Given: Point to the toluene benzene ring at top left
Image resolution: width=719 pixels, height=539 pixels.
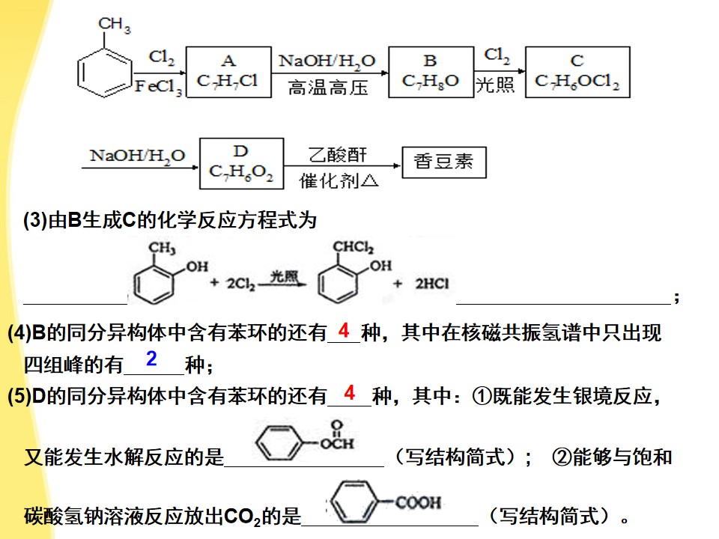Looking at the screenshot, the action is [x=105, y=73].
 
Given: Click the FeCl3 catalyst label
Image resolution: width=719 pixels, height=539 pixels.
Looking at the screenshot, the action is [x=158, y=87].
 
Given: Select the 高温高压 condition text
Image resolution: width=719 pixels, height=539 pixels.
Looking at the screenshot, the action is [x=328, y=87].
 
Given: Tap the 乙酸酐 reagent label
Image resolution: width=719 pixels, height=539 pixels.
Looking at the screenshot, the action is [x=338, y=155].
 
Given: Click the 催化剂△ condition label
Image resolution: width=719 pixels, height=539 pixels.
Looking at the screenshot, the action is [x=339, y=181].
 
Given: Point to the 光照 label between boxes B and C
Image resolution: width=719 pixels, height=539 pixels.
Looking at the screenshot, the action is [x=495, y=85].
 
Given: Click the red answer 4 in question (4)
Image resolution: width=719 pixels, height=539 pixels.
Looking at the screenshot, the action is [x=344, y=330].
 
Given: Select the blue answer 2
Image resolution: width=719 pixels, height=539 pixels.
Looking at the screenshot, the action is [x=151, y=358].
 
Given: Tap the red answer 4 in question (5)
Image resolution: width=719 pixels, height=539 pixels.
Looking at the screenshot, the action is [x=350, y=393].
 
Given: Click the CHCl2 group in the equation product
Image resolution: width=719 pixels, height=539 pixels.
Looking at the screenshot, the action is [x=353, y=247].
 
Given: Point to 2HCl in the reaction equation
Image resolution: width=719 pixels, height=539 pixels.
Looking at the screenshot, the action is [x=432, y=284].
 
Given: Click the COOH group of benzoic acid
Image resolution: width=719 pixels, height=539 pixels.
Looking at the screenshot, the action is [x=418, y=502].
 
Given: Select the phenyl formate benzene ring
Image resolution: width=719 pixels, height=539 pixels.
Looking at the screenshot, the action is [x=279, y=442].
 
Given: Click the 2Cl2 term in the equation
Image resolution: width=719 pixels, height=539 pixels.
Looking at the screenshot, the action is [x=240, y=284].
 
